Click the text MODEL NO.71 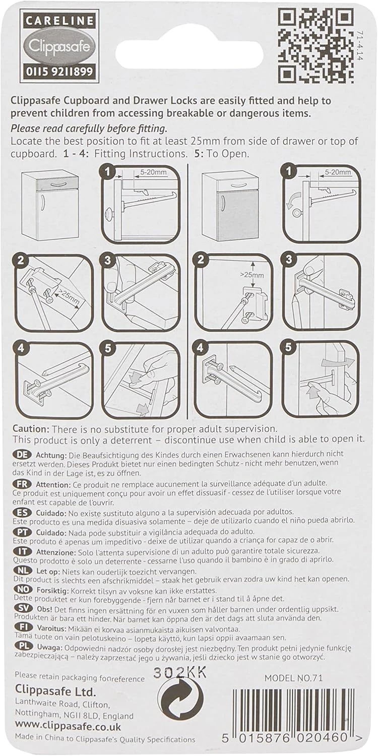[x=293, y=678]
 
